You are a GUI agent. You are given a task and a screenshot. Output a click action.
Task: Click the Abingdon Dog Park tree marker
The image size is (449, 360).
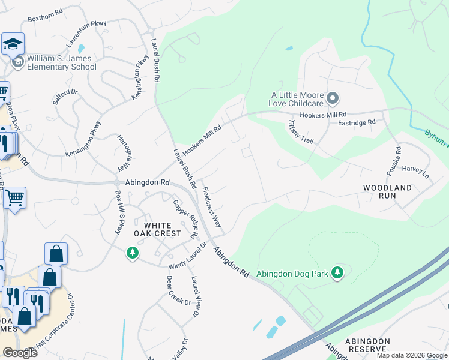click(337, 273)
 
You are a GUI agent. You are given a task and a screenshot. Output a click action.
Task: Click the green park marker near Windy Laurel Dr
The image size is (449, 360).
click(132, 254)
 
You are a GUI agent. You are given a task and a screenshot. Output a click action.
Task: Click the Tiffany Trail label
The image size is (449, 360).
click(301, 132)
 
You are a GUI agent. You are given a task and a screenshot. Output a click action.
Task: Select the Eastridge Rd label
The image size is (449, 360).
click(356, 122)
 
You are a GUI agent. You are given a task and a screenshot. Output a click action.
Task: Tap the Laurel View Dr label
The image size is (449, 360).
click(194, 296)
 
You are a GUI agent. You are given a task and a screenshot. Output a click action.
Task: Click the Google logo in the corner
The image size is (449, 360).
click(20, 353)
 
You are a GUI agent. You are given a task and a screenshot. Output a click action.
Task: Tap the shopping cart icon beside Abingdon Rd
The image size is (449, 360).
click(14, 197)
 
